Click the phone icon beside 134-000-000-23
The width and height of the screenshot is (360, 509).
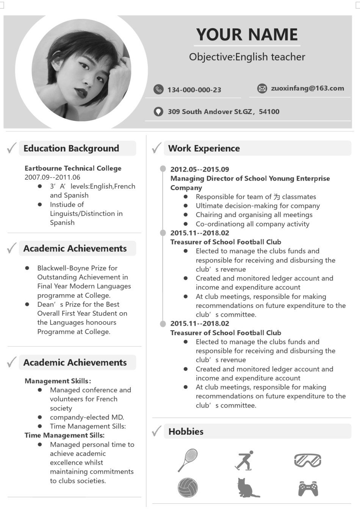point(158,89)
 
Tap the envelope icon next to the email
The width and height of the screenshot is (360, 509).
point(262,89)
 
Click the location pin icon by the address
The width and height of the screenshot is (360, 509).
point(158,111)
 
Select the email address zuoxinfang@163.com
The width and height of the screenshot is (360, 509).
point(307,88)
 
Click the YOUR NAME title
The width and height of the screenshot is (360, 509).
point(247,34)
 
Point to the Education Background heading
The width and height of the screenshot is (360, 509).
point(71,148)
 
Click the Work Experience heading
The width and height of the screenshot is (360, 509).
point(204,148)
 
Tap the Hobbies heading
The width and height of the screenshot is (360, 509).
point(186,432)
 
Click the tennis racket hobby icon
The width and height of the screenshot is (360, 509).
point(188,460)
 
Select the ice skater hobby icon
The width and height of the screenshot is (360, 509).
point(244,461)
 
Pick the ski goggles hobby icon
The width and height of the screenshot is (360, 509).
point(307,460)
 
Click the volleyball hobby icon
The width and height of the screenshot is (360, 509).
point(188,487)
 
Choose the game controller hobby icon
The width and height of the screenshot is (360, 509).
point(308,488)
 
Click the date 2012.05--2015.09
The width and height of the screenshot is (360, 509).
point(200,169)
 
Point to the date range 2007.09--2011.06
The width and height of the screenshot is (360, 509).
point(52,177)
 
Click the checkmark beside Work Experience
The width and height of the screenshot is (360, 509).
point(157,148)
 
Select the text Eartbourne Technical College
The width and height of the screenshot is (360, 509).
point(73,168)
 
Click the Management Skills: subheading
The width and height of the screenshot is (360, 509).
point(58,381)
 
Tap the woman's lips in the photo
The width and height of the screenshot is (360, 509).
point(81,92)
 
